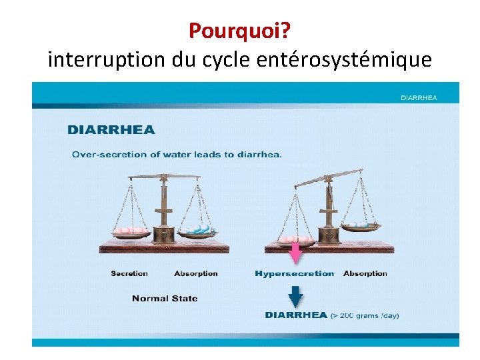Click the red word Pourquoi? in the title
click(239, 30)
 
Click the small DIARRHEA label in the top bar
click(419, 97)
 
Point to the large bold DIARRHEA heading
click(111, 130)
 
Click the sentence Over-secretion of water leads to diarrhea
click(177, 155)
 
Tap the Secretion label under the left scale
click(129, 273)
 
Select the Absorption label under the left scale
click(196, 273)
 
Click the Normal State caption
click(165, 298)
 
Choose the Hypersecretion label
click(295, 273)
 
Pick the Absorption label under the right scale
click(365, 273)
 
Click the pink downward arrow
click(295, 254)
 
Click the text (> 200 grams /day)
click(365, 315)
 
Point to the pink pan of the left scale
click(131, 231)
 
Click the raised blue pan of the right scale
click(361, 226)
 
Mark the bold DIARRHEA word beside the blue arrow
click(295, 315)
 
